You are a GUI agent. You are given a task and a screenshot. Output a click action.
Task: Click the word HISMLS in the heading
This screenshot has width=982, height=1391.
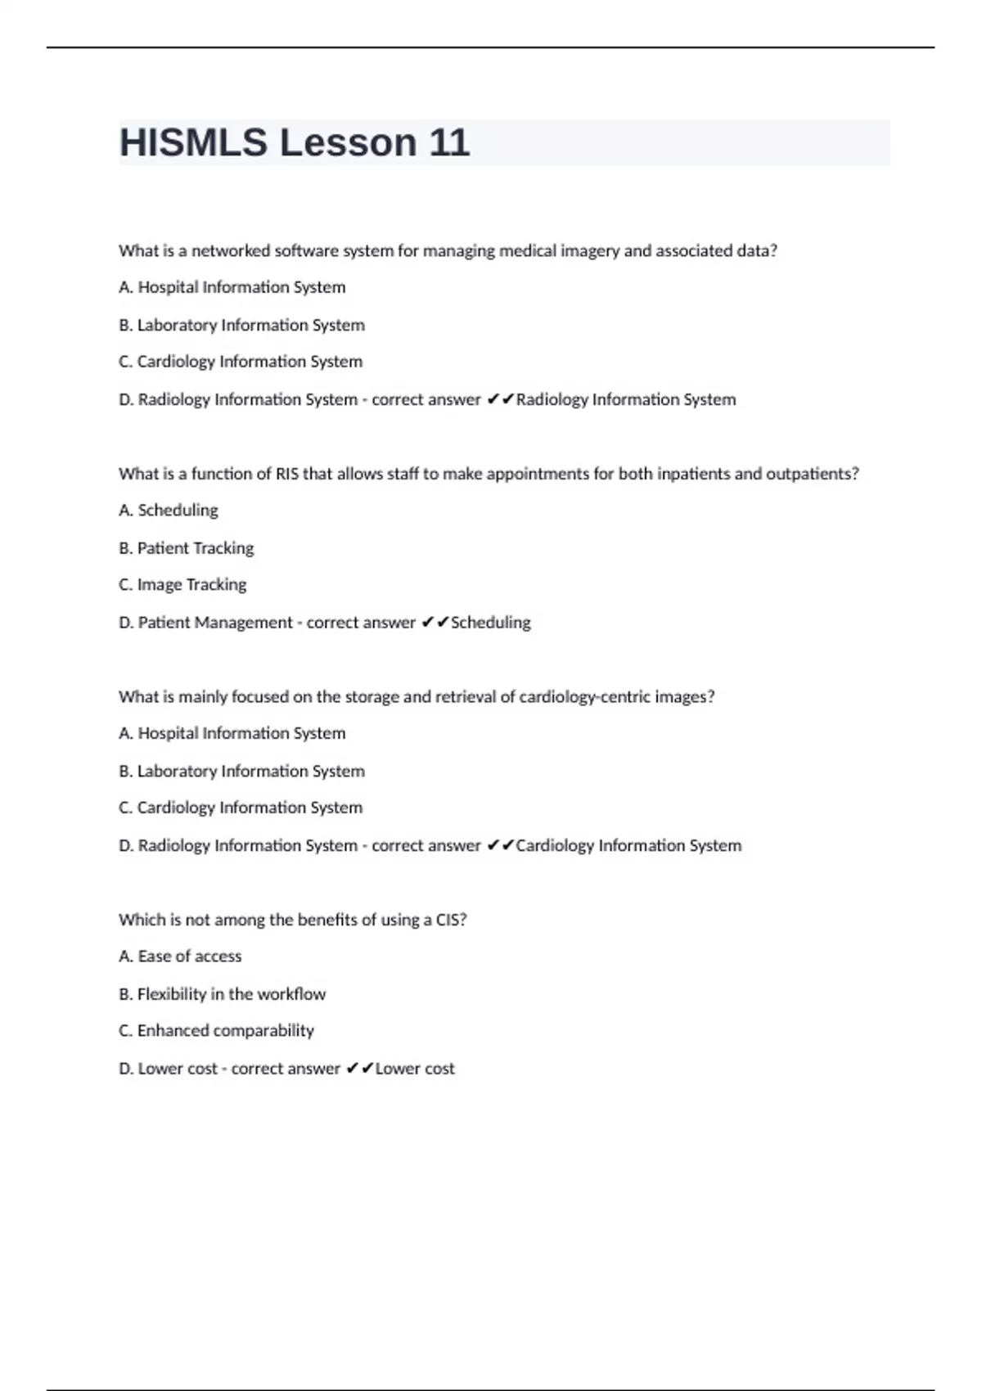pyautogui.click(x=193, y=143)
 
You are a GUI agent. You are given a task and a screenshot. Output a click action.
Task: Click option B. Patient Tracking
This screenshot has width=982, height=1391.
pyautogui.click(x=187, y=548)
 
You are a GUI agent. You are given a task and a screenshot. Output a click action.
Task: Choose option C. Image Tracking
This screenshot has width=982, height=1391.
pyautogui.click(x=182, y=585)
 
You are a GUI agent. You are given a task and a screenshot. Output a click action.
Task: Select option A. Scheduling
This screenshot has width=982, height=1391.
pyautogui.click(x=169, y=511)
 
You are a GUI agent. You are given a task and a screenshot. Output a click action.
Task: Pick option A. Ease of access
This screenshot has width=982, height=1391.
pyautogui.click(x=180, y=957)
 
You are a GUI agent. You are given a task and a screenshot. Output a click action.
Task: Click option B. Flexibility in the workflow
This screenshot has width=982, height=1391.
pyautogui.click(x=222, y=994)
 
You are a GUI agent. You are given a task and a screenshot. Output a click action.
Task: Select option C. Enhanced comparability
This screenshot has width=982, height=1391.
pyautogui.click(x=216, y=1031)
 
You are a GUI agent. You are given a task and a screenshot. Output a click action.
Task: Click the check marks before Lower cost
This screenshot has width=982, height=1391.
pyautogui.click(x=360, y=1069)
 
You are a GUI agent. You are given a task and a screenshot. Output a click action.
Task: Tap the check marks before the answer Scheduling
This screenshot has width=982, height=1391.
pyautogui.click(x=435, y=623)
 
